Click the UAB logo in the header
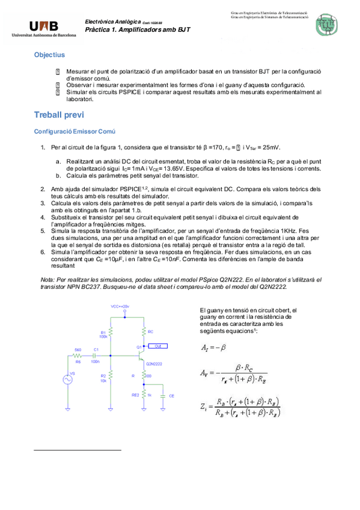click(x=44, y=28)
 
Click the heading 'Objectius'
click(x=49, y=55)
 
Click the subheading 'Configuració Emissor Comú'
click(x=75, y=131)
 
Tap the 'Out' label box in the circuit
click(x=157, y=346)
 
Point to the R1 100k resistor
click(x=110, y=334)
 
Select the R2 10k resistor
click(x=110, y=378)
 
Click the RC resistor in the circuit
click(x=144, y=331)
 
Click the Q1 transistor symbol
click(x=141, y=355)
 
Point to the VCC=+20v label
click(x=121, y=306)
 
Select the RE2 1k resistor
click(x=144, y=395)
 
